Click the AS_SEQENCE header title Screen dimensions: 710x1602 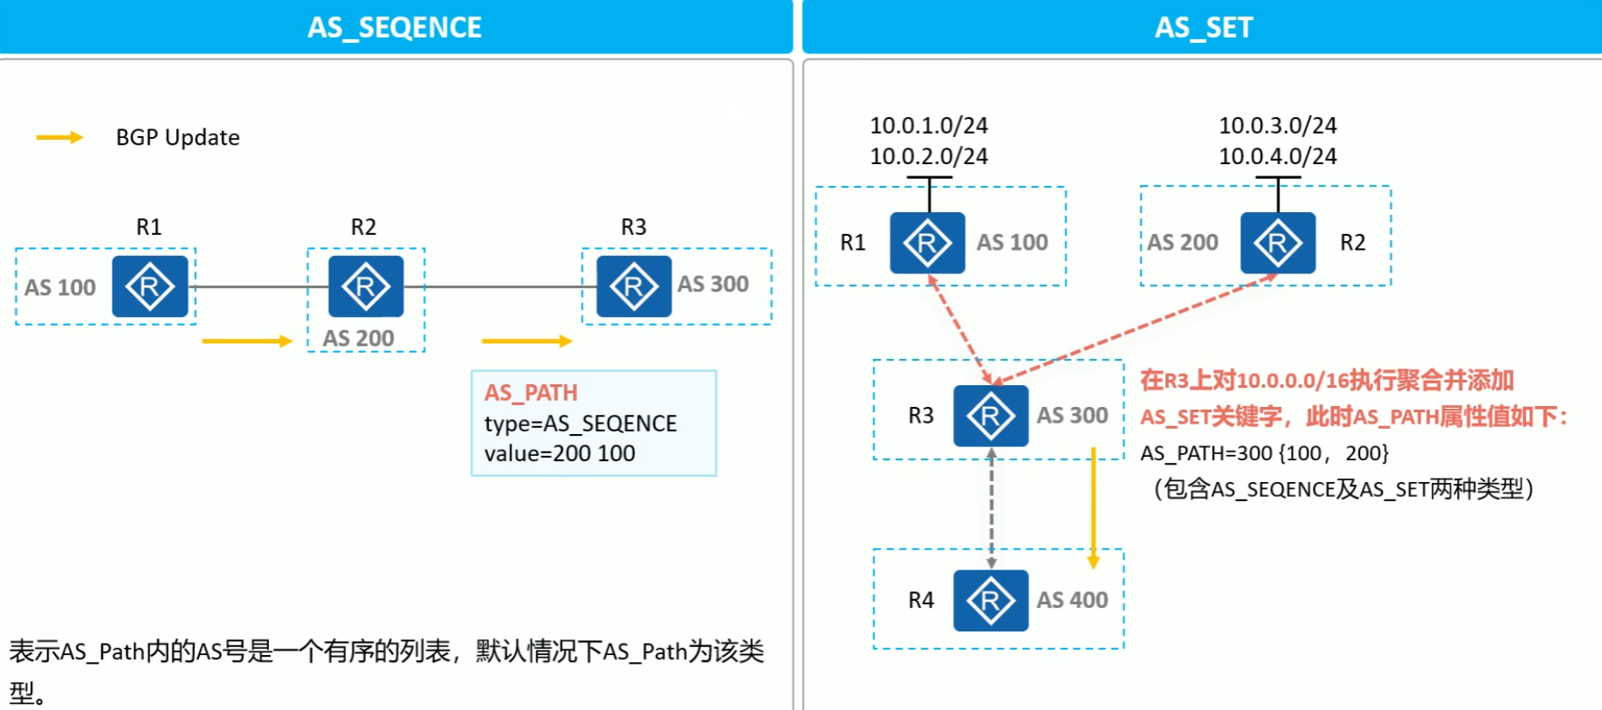point(394,27)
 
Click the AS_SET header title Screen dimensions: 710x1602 point(1203,27)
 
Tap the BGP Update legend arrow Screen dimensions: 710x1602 point(59,137)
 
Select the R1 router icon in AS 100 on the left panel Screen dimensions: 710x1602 point(149,286)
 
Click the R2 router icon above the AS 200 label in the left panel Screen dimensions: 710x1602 point(365,286)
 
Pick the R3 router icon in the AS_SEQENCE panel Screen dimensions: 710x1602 point(633,286)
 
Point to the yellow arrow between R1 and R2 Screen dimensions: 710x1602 point(246,341)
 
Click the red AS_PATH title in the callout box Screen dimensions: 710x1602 point(531,393)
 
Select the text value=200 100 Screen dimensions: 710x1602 point(560,453)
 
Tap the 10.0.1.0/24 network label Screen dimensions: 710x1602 point(929,126)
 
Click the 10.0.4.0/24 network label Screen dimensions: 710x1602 point(1277,156)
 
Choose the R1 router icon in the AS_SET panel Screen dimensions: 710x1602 point(927,243)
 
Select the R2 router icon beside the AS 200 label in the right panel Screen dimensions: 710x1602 point(1277,243)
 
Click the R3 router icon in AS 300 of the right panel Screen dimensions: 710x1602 point(991,416)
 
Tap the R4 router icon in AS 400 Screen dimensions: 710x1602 point(991,601)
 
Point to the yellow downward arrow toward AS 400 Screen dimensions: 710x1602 point(1093,507)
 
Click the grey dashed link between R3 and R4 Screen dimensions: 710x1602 point(991,508)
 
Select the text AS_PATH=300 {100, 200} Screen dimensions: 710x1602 point(1264,453)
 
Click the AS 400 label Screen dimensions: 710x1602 point(1072,600)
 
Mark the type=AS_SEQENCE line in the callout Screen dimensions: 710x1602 point(580,424)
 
